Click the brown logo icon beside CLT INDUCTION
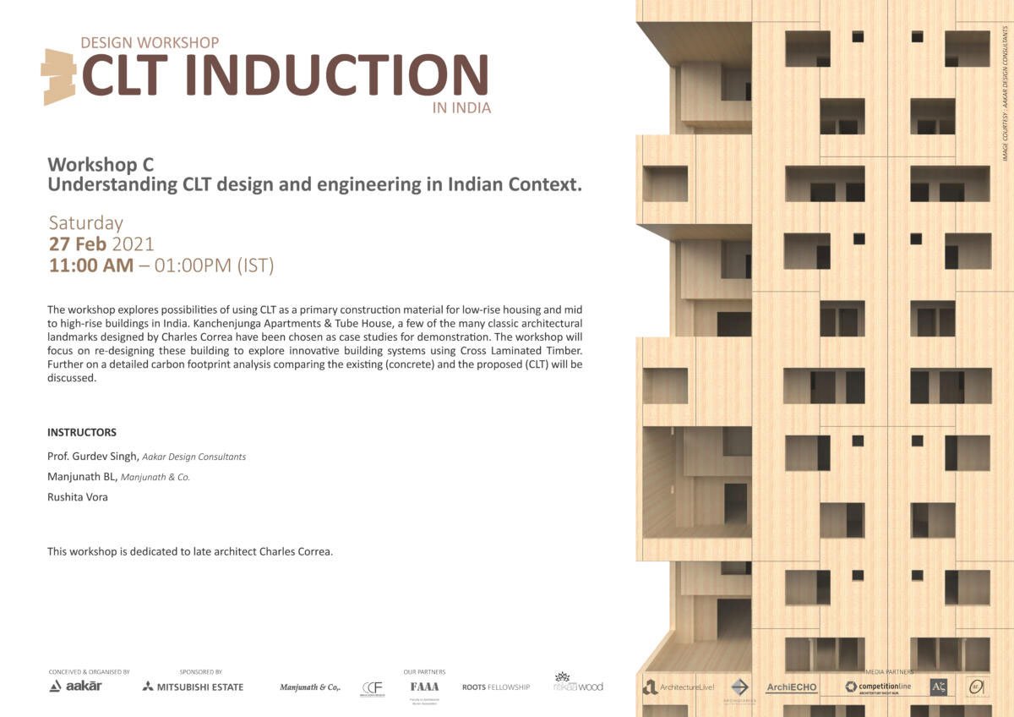coord(58,77)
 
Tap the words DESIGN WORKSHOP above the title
coord(150,42)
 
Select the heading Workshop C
coord(101,164)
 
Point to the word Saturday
coord(85,223)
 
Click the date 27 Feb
coord(77,244)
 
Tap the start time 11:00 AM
coord(91,265)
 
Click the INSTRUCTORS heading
coord(82,432)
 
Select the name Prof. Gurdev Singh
coord(93,457)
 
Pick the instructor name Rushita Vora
coord(78,497)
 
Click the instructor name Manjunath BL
coord(82,477)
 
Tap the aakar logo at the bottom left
coord(75,686)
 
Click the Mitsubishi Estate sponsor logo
coord(193,687)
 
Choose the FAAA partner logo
coord(424,687)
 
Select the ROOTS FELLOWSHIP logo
coord(496,687)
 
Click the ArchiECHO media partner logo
coord(792,687)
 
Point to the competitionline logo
coord(878,687)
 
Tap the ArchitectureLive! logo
coord(679,687)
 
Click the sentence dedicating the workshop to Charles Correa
coord(190,551)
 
